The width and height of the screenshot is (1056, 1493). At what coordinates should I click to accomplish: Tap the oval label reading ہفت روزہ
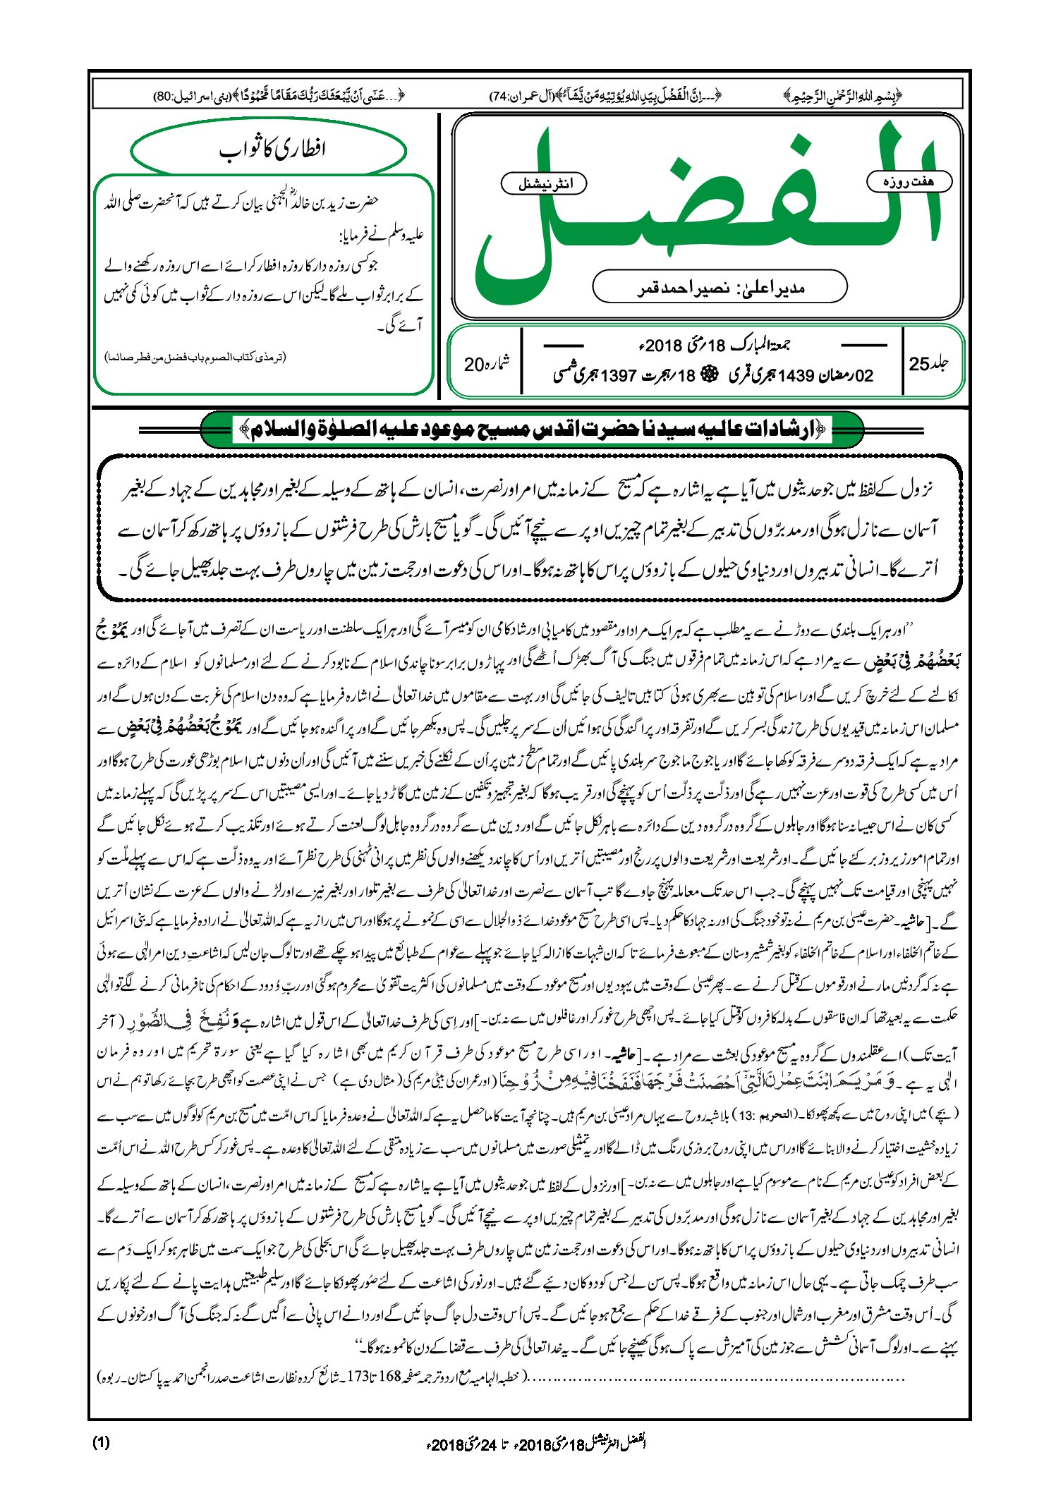(x=909, y=181)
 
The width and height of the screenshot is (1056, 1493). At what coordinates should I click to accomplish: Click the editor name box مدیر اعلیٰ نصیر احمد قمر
(x=720, y=287)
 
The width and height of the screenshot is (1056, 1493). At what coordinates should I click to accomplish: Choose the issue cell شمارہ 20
(x=486, y=365)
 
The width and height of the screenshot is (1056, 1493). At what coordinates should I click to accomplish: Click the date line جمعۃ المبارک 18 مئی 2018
(x=712, y=346)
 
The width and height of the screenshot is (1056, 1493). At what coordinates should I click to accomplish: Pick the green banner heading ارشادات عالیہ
(x=532, y=429)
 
